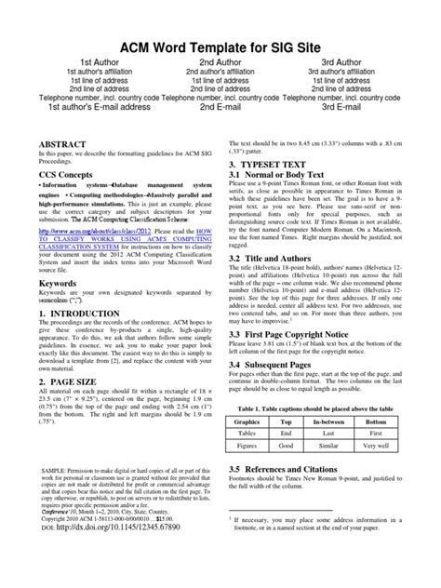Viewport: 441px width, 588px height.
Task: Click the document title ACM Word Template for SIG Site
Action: [x=220, y=42]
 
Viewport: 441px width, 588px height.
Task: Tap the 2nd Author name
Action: [x=220, y=61]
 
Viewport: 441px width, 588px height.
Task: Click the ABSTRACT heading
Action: [x=59, y=146]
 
